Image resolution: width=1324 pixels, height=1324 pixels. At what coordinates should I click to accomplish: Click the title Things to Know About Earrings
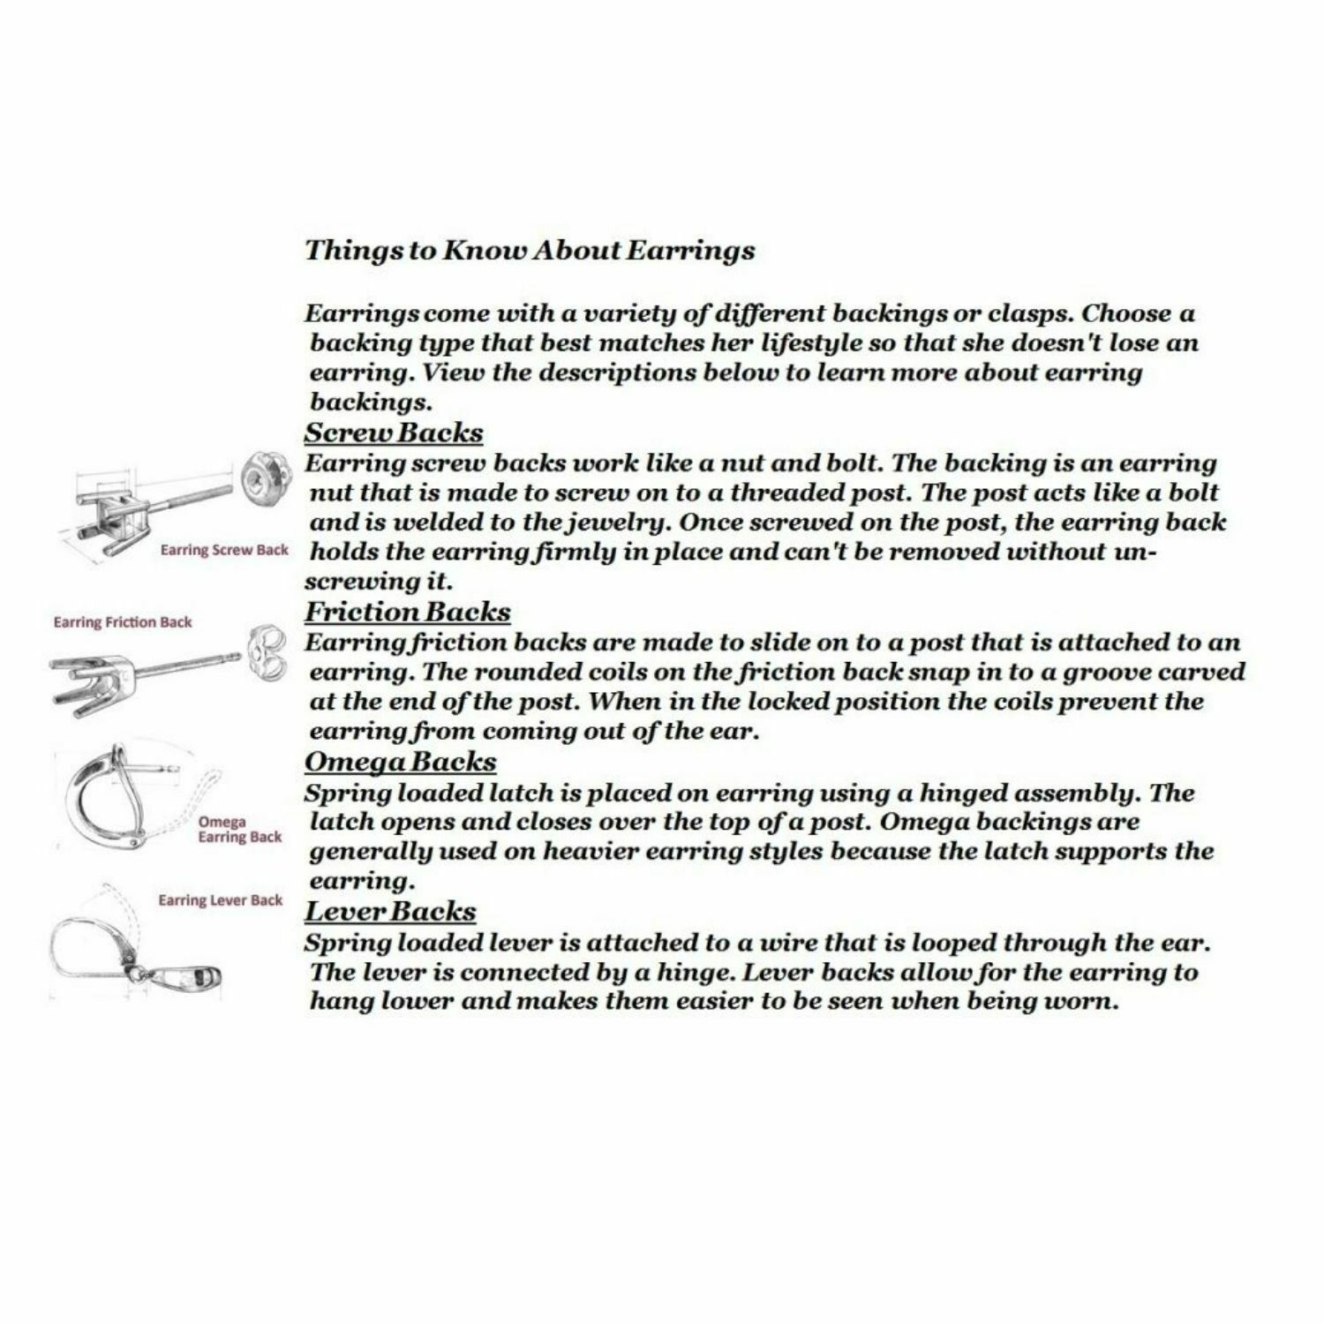530,250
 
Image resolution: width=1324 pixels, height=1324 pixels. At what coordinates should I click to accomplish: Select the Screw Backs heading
394,433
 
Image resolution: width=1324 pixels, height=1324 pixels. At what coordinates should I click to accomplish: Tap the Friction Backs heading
407,612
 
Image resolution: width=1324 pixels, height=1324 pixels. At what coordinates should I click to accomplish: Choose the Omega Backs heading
400,762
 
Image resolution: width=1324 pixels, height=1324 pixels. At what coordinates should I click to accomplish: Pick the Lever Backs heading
390,912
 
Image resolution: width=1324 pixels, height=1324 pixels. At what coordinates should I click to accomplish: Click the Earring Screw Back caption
224,550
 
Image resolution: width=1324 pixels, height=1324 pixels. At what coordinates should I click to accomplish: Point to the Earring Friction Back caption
123,622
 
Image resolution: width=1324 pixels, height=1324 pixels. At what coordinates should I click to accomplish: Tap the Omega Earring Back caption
239,830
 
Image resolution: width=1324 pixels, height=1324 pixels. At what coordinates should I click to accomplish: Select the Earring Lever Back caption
220,900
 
